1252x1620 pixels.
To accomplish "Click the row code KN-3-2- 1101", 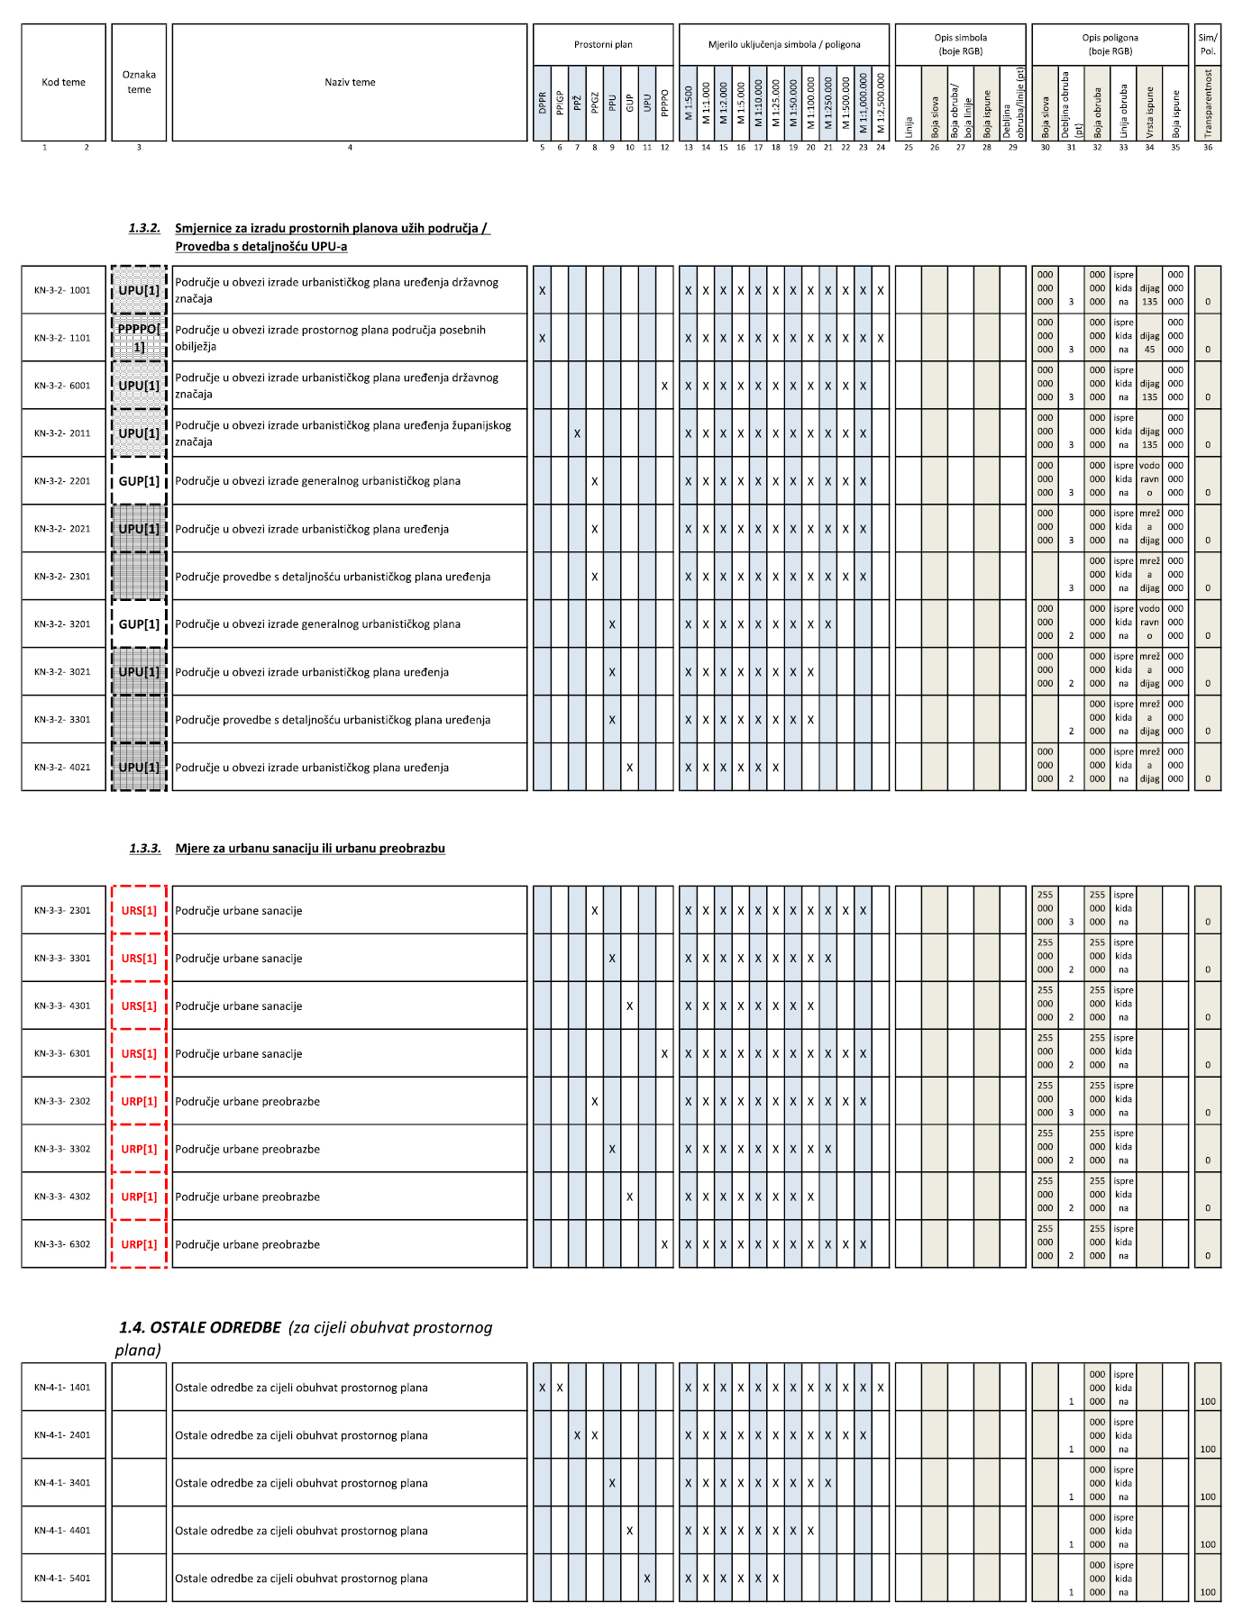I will (63, 338).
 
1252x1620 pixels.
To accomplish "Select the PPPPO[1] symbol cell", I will (139, 338).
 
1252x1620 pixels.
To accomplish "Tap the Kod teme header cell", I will (63, 82).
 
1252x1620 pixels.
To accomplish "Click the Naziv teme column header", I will (350, 82).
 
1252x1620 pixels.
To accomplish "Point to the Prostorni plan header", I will (603, 44).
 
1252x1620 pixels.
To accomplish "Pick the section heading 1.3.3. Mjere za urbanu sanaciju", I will (309, 848).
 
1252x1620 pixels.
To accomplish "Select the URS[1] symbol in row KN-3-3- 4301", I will (139, 1006).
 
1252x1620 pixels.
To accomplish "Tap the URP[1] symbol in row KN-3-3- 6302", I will (139, 1244).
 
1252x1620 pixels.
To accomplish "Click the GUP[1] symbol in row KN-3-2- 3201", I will (139, 623).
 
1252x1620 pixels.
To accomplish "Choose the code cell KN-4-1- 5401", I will (63, 1578).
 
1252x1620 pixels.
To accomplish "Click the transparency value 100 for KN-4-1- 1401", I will (1208, 1401).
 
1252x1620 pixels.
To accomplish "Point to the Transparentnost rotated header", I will (1208, 104).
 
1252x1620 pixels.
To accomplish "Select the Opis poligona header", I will (1110, 44).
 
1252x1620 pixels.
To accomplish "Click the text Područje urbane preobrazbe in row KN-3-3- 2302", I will (248, 1101).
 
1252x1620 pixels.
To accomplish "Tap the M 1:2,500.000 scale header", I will (881, 96).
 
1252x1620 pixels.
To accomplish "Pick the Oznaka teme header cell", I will (139, 82).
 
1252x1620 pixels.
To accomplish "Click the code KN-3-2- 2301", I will (63, 577).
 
